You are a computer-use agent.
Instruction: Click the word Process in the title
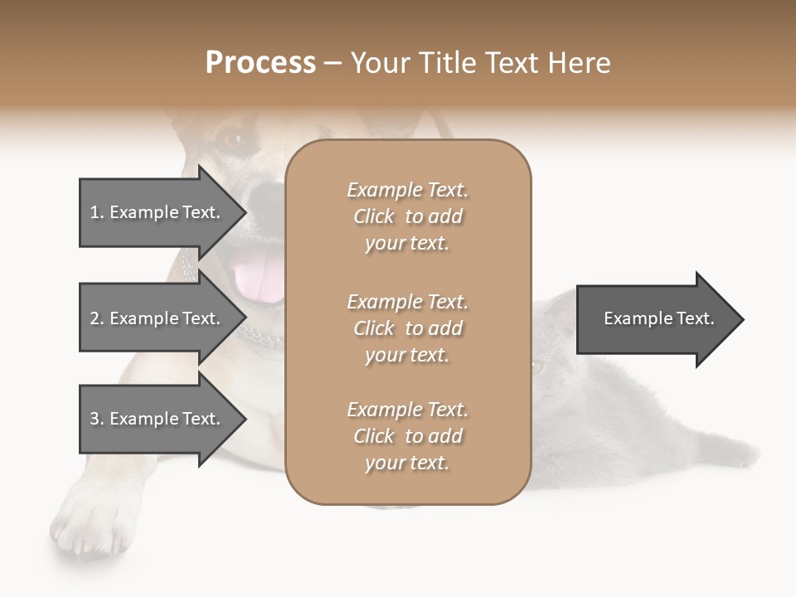[x=260, y=63]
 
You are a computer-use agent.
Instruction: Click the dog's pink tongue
[x=259, y=278]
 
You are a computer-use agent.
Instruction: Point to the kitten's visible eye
[x=538, y=366]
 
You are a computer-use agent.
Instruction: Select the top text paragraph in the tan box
[x=407, y=216]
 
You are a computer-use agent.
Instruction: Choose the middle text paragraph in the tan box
[x=407, y=328]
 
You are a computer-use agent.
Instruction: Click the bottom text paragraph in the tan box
[x=407, y=436]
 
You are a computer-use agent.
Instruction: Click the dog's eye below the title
[x=231, y=138]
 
